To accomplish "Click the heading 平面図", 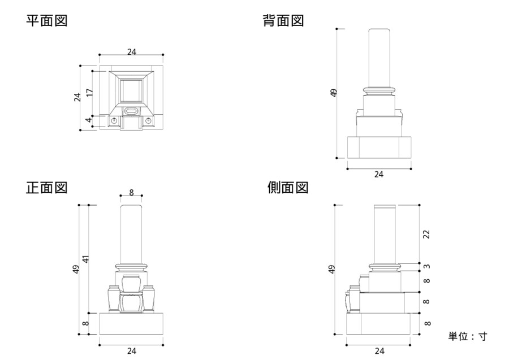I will pos(47,21).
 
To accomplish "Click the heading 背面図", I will pos(283,21).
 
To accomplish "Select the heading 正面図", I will pos(47,188).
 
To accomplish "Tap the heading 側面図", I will pos(288,188).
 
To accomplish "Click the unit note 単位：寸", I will pos(468,336).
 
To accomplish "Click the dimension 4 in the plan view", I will pos(89,120).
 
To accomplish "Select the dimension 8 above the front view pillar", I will pos(131,192).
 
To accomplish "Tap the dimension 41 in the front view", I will pos(87,259).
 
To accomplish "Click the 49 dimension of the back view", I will pos(333,93).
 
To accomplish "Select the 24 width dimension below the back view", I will pos(379,174).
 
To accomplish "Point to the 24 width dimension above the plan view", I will pos(131,51).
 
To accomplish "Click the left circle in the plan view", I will pos(114,121).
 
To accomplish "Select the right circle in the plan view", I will pos(148,121).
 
